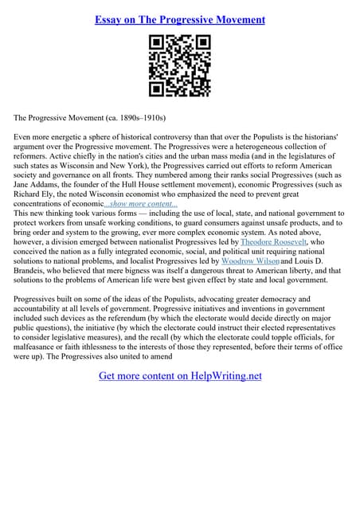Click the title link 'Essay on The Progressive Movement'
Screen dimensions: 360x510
tap(179, 19)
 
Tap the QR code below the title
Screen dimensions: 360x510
tap(179, 65)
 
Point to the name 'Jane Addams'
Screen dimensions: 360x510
tap(35, 184)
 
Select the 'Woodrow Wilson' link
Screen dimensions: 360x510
tap(249, 261)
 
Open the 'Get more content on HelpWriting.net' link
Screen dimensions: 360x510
tap(180, 375)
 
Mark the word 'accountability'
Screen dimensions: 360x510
tap(42, 308)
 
